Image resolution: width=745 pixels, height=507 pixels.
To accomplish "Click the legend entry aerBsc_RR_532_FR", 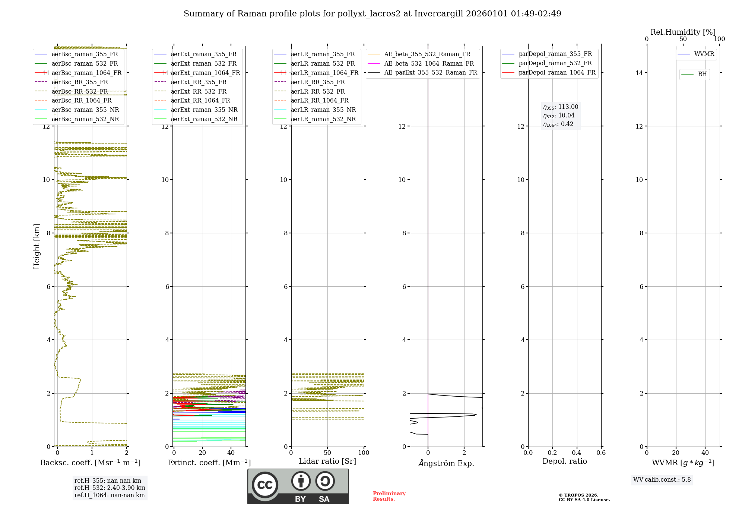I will pos(80,91).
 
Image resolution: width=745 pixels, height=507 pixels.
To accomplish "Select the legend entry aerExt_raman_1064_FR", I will pos(205,73).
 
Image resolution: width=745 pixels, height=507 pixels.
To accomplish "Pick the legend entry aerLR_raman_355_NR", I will pos(323,110).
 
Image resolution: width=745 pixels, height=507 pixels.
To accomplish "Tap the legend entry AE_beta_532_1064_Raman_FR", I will pos(429,63).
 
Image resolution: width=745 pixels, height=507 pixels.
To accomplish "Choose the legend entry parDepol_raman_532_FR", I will pos(555,63).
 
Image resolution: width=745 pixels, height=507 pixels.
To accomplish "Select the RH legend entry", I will pos(702,74).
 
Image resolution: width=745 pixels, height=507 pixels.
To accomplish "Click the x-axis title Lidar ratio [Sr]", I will pos(327,461).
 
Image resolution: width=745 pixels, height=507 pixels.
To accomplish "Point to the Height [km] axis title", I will pos(37,246).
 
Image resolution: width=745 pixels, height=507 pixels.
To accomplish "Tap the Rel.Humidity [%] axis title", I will pos(683,32).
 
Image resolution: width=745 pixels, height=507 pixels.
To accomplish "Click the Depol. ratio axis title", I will pos(564,461).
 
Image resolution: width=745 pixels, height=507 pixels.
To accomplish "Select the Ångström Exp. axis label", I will pos(446,463).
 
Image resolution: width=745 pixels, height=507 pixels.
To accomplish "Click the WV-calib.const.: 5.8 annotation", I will pos(662,480).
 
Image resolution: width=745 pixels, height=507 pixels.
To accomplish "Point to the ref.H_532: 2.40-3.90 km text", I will pos(110,488).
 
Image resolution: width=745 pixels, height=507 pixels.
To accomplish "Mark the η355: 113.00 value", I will pos(561,107).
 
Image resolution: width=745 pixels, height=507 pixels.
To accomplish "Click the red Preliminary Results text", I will pos(389,496).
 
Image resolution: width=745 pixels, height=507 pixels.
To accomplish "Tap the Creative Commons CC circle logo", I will pos(265,485).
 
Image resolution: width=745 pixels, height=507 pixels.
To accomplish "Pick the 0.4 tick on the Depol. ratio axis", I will pos(577,453).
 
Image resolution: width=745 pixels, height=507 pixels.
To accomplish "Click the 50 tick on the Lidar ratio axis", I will pos(327,453).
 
